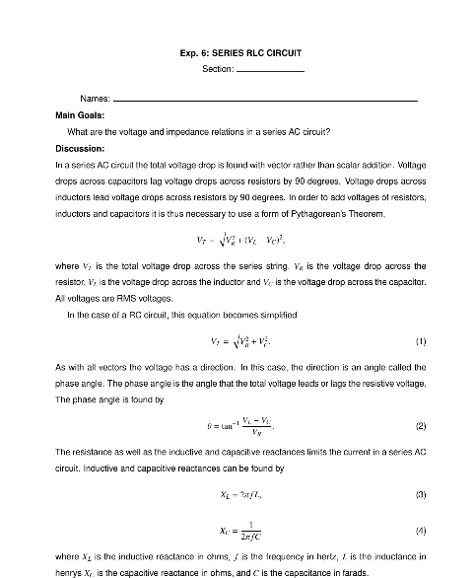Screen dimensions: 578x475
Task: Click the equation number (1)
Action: pos(421,341)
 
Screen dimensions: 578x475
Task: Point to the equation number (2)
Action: pos(421,426)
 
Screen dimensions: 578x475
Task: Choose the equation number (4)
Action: pos(421,531)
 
